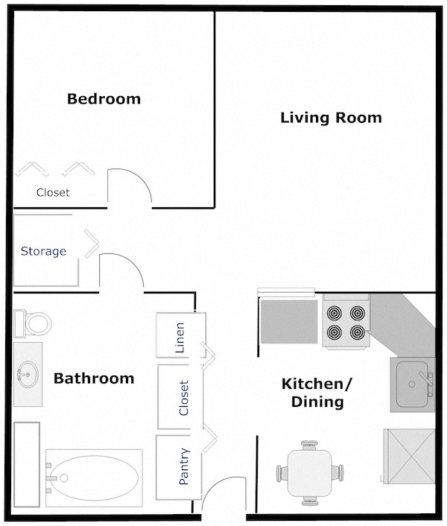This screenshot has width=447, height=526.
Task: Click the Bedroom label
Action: pos(104,98)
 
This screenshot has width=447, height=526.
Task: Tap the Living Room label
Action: pos(331,118)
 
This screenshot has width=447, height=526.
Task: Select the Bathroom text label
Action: pos(94,378)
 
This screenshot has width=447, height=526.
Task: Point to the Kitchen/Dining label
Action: pos(316,393)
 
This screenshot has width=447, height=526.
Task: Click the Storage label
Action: pos(43,251)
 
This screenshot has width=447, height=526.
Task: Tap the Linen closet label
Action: pos(179,335)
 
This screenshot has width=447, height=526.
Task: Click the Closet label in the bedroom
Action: pos(53,192)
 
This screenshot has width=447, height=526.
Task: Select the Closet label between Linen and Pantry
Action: pos(184,398)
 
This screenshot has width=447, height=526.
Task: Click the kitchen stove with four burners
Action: pos(346,322)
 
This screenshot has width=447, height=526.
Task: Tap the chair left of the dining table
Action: pos(282,472)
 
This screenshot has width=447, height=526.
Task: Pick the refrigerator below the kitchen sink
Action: pos(408,454)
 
